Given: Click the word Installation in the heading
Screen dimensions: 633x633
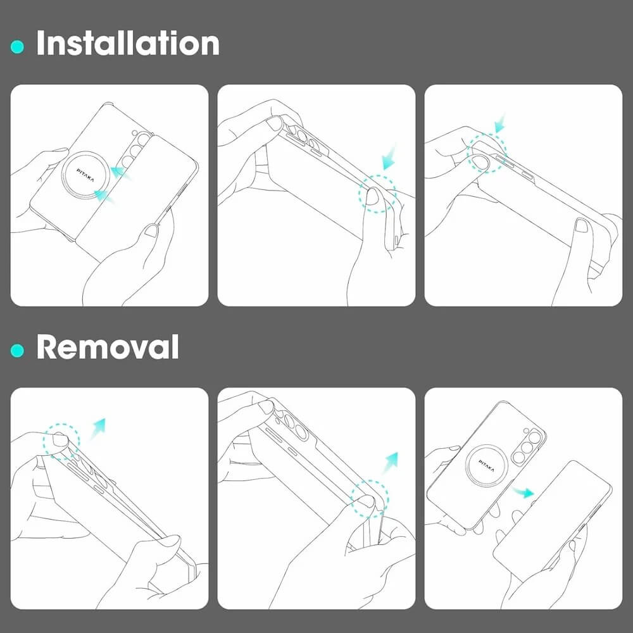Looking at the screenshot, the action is click(x=128, y=43).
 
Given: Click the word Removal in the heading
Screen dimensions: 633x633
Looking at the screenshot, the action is click(x=108, y=346).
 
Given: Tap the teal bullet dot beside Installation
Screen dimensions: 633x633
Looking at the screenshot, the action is click(x=17, y=47).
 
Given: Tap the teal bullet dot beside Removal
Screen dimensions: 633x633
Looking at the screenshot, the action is click(x=17, y=351).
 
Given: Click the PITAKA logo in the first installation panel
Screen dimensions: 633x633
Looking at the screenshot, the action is click(x=85, y=175).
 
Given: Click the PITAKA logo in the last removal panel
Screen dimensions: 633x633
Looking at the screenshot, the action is click(x=486, y=465).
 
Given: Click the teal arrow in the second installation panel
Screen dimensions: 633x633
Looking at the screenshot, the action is click(x=389, y=158).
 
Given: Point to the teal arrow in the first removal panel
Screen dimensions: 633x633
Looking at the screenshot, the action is click(x=97, y=428).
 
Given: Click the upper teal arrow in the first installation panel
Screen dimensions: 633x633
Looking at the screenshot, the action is click(x=121, y=173).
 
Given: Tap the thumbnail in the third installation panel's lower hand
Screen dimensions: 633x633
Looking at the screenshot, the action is click(x=582, y=225).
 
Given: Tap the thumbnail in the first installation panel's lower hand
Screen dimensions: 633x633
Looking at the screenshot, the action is click(x=151, y=230).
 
